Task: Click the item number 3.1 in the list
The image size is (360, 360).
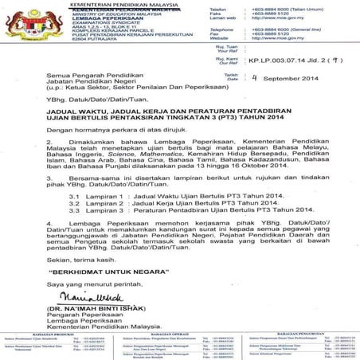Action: point(75,194)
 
